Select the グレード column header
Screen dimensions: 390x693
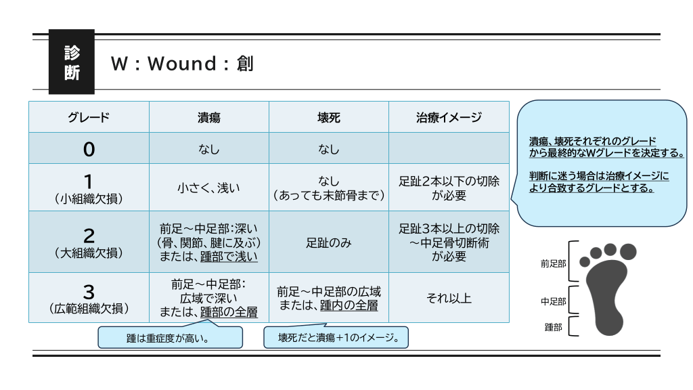(89, 117)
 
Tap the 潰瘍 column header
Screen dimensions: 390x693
(208, 117)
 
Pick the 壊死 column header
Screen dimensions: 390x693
(329, 117)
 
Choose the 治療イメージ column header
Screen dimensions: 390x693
(449, 117)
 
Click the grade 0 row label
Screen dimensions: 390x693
(89, 149)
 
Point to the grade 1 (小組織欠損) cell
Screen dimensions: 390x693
(89, 188)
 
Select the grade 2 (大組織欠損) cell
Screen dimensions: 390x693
(89, 242)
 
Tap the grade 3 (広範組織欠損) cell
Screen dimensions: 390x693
(89, 297)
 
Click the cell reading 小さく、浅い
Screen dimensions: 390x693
(208, 188)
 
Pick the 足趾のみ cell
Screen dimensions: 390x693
(329, 242)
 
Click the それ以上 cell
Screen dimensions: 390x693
(449, 298)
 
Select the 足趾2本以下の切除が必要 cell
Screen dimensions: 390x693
(449, 188)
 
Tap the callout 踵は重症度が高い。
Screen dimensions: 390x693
(170, 337)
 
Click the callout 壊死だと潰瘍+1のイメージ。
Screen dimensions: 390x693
(336, 337)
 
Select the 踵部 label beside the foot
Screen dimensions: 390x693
(554, 327)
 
